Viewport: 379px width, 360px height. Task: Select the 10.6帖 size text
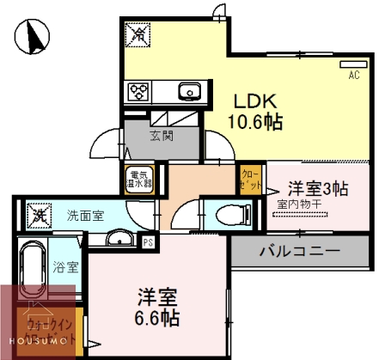(x=252, y=121)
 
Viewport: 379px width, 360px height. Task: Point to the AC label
(x=353, y=76)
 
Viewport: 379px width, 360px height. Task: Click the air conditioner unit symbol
(x=352, y=64)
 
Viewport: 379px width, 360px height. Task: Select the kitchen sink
(x=189, y=90)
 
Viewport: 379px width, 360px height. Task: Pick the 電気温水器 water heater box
(x=141, y=177)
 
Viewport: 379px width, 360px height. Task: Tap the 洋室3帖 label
(x=317, y=188)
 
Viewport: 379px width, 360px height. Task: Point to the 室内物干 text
(x=300, y=204)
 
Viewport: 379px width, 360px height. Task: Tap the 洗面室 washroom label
(x=86, y=215)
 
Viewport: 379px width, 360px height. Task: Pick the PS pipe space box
(x=147, y=243)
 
